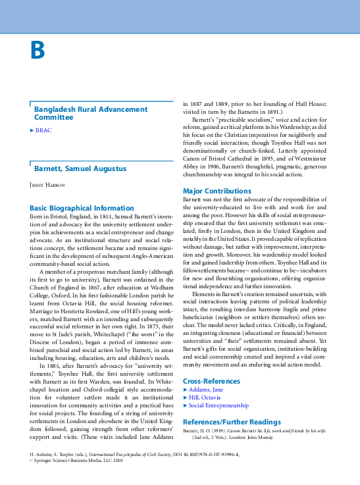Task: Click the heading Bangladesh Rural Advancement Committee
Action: pyautogui.click(x=82, y=113)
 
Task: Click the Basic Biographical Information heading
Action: pyautogui.click(x=82, y=208)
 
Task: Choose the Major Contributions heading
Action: pyautogui.click(x=217, y=191)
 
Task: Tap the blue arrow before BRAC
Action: pyautogui.click(x=32, y=130)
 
